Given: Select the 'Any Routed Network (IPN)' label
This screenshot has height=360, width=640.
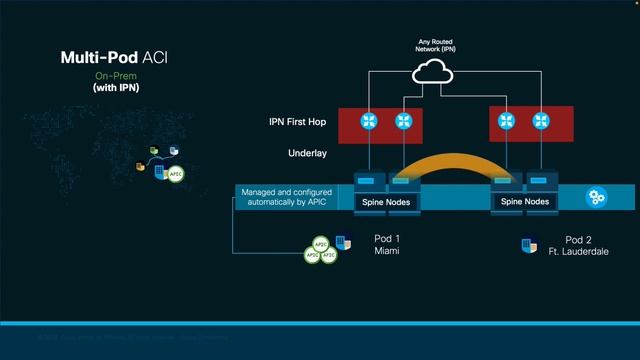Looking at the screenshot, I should pos(436,46).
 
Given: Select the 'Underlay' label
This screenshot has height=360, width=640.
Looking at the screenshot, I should pos(306,154).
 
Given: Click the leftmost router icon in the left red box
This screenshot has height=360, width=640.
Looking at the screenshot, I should pos(370,122).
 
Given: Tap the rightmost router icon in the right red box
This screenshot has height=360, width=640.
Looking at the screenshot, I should pos(541,122).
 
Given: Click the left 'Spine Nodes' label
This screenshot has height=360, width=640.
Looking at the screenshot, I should pos(385,202).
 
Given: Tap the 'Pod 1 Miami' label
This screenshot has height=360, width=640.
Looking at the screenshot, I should pos(385,245).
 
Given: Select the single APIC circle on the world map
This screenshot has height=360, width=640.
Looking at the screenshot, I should pos(176,174).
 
